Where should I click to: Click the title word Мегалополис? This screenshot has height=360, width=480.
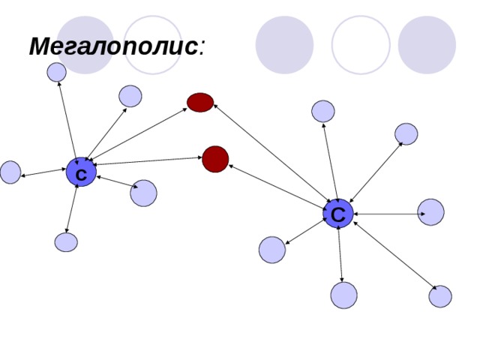pyautogui.click(x=113, y=46)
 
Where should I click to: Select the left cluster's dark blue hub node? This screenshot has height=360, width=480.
pyautogui.click(x=81, y=172)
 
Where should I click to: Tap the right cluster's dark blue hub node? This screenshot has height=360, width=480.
pyautogui.click(x=338, y=213)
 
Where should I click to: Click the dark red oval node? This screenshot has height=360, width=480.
pyautogui.click(x=200, y=102)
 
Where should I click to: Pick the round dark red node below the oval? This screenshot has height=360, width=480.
pyautogui.click(x=215, y=159)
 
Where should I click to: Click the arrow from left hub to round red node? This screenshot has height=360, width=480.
pyautogui.click(x=148, y=161)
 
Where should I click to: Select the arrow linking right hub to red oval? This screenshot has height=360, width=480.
pyautogui.click(x=271, y=153)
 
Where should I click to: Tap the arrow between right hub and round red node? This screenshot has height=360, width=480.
pyautogui.click(x=277, y=187)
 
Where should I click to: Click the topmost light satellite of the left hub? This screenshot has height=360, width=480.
pyautogui.click(x=57, y=72)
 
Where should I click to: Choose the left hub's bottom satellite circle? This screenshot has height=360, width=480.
pyautogui.click(x=66, y=242)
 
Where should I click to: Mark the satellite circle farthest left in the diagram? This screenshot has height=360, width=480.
pyautogui.click(x=10, y=172)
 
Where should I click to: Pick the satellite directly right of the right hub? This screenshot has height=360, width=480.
pyautogui.click(x=430, y=212)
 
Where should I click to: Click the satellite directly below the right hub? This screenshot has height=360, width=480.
pyautogui.click(x=343, y=295)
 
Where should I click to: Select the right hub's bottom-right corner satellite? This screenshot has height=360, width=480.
pyautogui.click(x=440, y=296)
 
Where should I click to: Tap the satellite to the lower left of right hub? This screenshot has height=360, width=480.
pyautogui.click(x=272, y=250)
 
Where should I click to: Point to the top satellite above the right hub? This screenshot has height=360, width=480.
pyautogui.click(x=323, y=111)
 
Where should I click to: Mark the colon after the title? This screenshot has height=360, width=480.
pyautogui.click(x=201, y=48)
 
